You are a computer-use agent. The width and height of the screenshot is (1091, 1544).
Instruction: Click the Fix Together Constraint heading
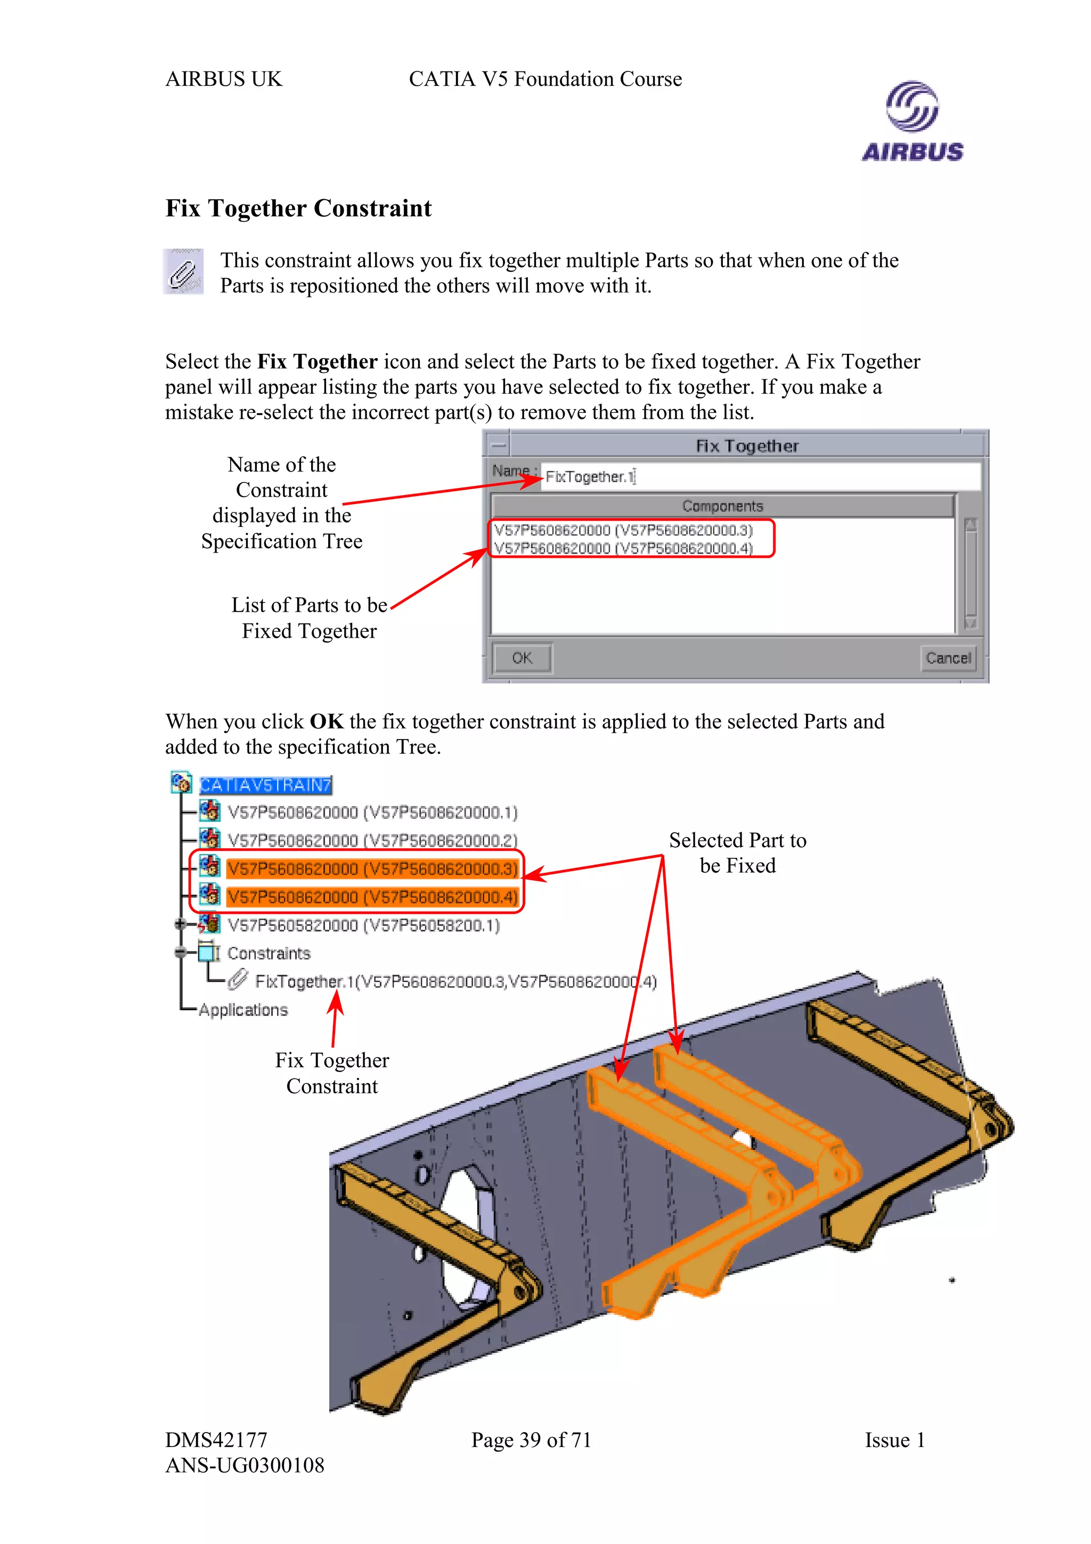pos(298,208)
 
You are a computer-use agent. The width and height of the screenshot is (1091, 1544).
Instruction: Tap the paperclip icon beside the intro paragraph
pos(183,272)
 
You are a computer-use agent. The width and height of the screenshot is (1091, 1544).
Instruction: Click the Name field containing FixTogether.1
pos(760,476)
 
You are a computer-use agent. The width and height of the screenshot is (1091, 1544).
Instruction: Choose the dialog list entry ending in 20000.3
pos(623,530)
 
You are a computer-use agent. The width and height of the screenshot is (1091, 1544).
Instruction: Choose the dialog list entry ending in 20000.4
pos(623,548)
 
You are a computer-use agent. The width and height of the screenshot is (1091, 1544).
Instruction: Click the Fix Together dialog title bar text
pos(746,446)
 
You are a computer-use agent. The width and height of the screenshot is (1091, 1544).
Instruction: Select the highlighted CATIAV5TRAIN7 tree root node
pos(265,785)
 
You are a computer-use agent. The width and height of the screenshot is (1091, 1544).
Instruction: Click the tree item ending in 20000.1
pos(372,812)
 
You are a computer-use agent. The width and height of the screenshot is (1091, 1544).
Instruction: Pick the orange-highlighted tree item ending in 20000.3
pos(372,869)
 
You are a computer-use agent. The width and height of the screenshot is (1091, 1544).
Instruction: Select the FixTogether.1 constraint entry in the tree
pos(454,982)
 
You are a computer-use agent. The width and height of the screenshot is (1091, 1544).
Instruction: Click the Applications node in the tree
pos(243,1010)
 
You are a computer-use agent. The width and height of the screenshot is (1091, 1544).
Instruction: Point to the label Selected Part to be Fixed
pos(737,852)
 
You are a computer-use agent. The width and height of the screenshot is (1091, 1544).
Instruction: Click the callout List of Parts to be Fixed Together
pos(309,617)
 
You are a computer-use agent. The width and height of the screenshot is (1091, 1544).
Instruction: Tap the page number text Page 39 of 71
pos(531,1439)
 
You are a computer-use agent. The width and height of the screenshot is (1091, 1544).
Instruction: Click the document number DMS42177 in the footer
pos(216,1439)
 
